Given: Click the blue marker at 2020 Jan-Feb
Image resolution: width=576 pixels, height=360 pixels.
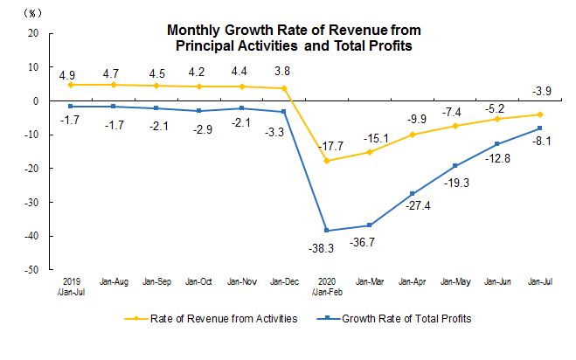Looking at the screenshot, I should point(327,231).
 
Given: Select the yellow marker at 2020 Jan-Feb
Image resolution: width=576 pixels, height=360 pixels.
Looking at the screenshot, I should point(327,161).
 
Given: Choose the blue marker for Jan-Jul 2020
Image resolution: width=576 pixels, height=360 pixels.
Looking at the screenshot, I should point(539,128).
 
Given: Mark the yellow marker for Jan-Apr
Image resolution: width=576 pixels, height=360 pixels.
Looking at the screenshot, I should point(412,135).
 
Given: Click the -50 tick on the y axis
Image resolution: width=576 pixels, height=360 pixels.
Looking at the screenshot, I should point(32,271).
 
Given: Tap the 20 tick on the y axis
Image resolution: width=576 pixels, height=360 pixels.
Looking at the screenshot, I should point(34,33).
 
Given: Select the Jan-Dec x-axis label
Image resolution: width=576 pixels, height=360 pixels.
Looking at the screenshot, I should point(285,281).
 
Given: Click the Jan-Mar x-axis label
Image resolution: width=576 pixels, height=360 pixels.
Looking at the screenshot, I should point(370,281).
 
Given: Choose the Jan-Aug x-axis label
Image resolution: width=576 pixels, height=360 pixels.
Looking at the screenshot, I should point(115,281).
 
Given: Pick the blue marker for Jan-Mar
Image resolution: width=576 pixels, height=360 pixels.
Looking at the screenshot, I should point(370,225).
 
